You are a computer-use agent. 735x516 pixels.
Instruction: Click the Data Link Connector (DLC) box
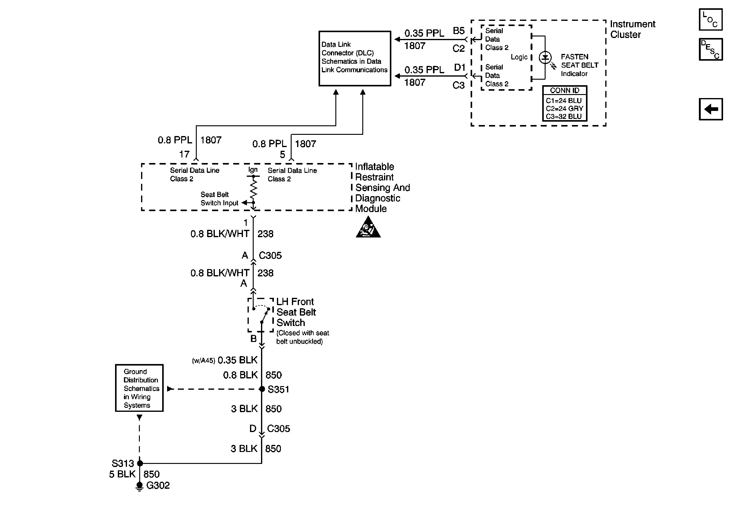click(x=355, y=58)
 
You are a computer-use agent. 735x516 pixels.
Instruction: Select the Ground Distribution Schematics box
click(x=139, y=388)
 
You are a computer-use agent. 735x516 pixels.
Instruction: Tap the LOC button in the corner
click(x=710, y=20)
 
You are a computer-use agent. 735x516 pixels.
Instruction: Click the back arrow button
click(x=711, y=109)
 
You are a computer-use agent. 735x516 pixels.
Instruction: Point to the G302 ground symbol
click(x=139, y=486)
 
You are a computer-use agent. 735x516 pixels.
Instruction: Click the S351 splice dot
click(x=262, y=389)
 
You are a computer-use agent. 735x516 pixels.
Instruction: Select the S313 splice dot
click(x=140, y=463)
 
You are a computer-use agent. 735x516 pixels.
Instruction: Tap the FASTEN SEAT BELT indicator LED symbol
click(x=545, y=58)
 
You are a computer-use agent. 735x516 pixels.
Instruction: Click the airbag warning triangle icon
click(x=368, y=227)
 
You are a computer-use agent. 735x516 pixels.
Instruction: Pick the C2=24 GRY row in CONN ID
click(x=564, y=109)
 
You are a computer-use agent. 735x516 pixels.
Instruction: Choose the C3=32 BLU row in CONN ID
click(x=563, y=116)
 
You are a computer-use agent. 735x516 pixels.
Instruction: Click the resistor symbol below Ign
click(x=253, y=189)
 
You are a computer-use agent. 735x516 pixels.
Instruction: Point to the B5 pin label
click(x=458, y=31)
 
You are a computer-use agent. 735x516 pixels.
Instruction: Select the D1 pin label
click(x=459, y=67)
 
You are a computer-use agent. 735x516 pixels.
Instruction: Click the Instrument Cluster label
click(x=632, y=29)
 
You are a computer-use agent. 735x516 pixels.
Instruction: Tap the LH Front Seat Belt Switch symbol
click(x=261, y=315)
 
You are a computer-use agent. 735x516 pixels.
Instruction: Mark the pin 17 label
click(x=184, y=154)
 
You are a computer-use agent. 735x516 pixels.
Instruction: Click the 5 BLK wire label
click(x=122, y=474)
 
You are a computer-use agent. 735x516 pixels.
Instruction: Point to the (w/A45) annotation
click(x=203, y=361)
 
